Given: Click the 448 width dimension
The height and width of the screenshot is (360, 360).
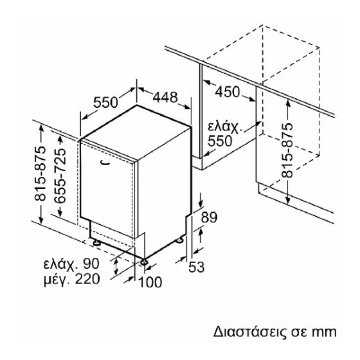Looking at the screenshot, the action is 165,97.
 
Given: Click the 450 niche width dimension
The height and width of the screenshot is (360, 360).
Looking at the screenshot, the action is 228,91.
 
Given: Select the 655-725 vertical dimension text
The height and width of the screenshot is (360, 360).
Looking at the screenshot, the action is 60,176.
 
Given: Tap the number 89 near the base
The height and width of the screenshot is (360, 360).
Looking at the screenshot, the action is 209,217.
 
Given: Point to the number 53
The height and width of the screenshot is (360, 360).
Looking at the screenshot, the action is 196,267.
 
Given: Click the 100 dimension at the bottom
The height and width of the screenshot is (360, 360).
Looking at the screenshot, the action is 150,282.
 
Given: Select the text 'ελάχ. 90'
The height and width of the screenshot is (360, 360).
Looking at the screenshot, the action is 71,264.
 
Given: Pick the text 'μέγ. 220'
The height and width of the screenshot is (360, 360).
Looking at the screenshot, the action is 72,279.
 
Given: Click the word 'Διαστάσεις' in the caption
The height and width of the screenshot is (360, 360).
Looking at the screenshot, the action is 250,332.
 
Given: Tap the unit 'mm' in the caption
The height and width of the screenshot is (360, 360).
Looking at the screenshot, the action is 324,332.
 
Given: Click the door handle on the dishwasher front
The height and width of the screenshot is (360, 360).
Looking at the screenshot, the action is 105,162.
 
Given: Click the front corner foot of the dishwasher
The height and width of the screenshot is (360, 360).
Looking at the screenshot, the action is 144,262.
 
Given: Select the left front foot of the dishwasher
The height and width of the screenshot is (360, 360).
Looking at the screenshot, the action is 96,243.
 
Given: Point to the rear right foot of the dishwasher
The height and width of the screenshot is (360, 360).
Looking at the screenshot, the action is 179,240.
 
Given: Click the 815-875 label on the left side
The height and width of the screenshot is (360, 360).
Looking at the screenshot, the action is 40,174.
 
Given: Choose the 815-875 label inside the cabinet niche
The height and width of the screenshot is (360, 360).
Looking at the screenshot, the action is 287,150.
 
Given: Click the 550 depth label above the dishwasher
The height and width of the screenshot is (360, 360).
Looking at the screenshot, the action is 105,102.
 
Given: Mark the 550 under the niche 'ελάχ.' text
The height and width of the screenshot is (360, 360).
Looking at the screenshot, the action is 220,141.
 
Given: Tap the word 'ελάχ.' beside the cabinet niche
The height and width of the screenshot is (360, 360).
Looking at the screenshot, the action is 225,127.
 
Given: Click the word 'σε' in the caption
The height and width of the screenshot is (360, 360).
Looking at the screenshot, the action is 299,332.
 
